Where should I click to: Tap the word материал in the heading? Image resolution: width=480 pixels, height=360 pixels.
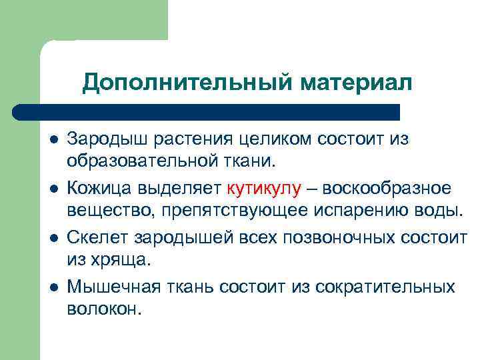[x=356, y=83]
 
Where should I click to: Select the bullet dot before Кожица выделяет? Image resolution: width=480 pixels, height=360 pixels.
[x=53, y=190]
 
